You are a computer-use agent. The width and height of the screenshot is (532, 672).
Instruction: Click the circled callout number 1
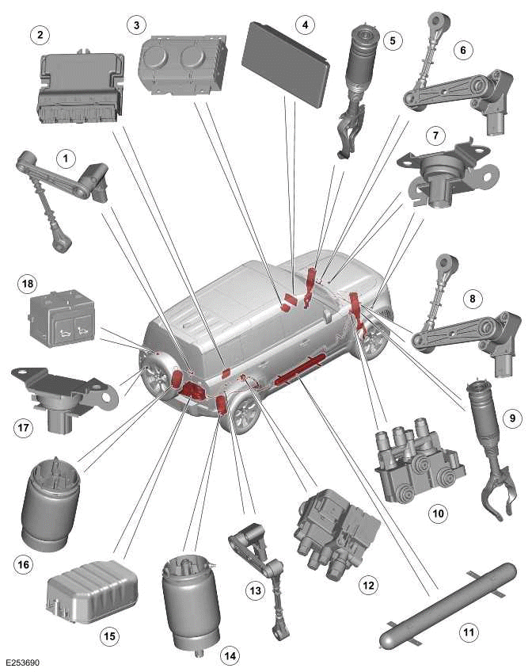[67, 158]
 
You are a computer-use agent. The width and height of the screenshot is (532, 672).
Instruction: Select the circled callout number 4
[302, 25]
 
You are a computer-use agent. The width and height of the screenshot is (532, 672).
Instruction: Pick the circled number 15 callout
[108, 635]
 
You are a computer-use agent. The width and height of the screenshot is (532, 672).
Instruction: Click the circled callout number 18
[27, 283]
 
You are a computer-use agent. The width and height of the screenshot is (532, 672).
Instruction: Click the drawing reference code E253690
[24, 659]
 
